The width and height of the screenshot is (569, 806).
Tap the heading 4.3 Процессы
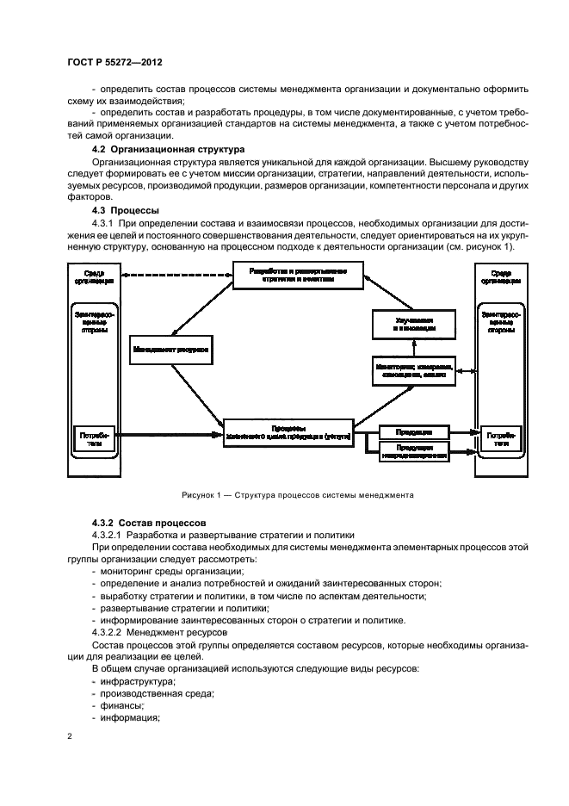tap(130, 210)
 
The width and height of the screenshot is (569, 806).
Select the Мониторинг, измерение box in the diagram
tap(414, 371)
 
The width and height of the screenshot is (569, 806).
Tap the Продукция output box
tap(414, 431)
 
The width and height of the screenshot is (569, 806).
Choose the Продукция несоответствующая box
tap(414, 453)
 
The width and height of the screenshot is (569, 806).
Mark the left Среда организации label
tap(90, 277)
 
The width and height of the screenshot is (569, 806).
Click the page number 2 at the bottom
tap(69, 737)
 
